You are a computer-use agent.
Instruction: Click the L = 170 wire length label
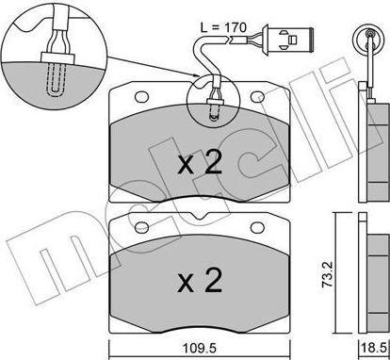[223, 27]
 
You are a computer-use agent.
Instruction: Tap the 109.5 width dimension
[199, 348]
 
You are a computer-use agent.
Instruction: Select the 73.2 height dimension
[329, 275]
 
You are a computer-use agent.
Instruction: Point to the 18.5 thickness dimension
[375, 348]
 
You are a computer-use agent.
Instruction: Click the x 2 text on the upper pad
[200, 162]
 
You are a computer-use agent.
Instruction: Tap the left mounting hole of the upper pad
[141, 97]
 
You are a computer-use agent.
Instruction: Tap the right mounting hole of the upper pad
[257, 97]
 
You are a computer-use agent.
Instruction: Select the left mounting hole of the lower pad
[141, 228]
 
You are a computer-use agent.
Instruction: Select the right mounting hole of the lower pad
[257, 228]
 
